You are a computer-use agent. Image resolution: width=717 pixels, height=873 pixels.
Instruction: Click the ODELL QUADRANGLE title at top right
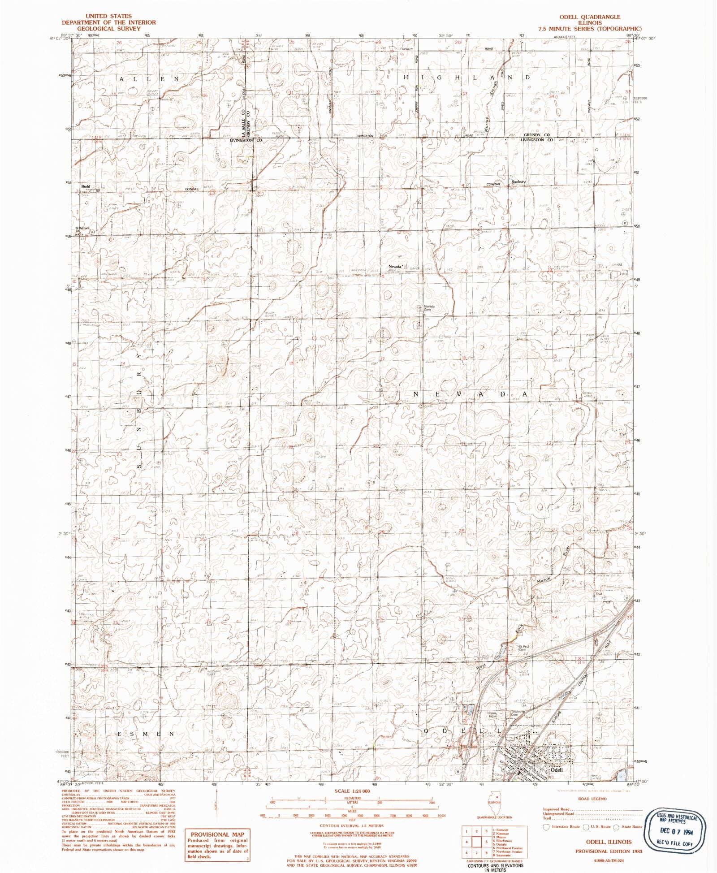point(589,17)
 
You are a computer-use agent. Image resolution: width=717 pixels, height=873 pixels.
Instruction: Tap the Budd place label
point(86,186)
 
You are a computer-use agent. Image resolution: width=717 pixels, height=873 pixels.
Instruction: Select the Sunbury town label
point(518,182)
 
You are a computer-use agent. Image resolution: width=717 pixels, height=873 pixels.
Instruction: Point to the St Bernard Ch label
point(82,229)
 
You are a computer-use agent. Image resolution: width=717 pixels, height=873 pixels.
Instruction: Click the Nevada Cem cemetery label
point(429,308)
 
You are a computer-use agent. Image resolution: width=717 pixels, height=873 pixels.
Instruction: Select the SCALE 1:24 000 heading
point(353,791)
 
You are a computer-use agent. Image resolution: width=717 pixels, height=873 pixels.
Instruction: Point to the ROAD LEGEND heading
point(592,799)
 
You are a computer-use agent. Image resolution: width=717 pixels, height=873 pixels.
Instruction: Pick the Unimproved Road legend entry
point(558,813)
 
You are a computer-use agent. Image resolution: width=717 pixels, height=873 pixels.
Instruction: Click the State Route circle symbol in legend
point(617,827)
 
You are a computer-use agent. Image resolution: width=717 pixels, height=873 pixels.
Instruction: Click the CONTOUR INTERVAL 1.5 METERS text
point(352,825)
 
